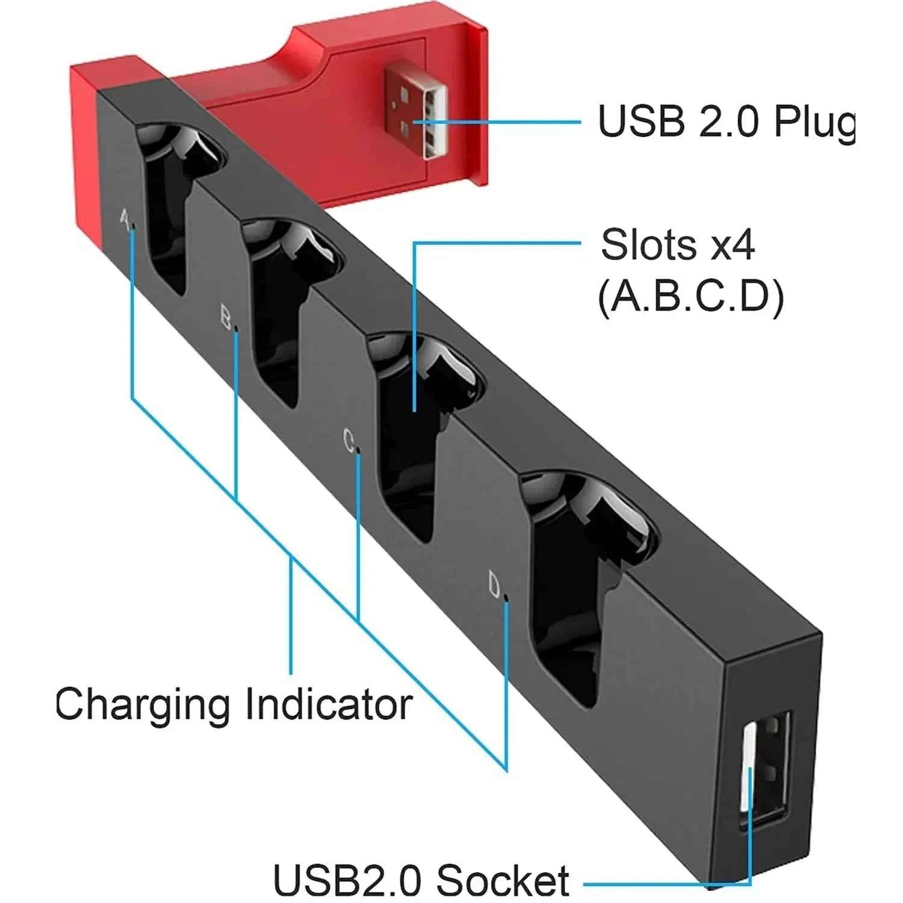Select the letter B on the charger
click(226, 317)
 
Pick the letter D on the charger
click(494, 585)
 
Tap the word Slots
click(649, 245)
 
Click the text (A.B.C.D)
click(690, 297)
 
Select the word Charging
click(142, 704)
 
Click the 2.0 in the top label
click(728, 122)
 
